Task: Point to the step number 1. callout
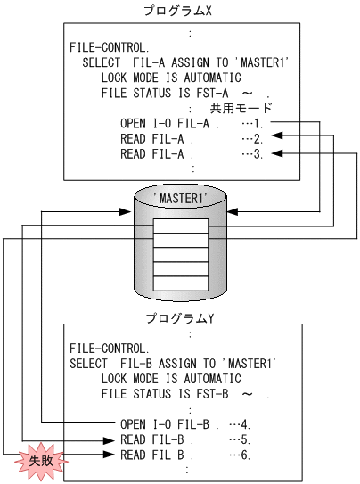tap(253, 122)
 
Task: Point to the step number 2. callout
tap(253, 138)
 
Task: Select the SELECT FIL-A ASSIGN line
tap(187, 62)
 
